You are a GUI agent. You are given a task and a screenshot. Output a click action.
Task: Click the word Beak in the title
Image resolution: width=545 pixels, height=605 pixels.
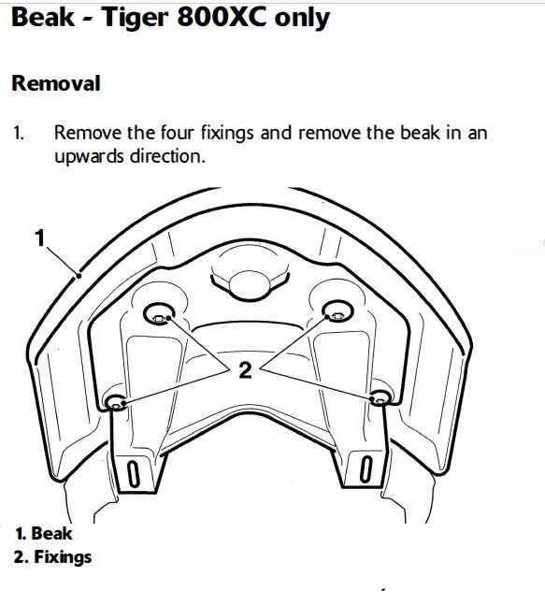coord(43,18)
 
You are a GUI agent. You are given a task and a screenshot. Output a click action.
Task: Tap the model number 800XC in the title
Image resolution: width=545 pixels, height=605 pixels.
coord(222,18)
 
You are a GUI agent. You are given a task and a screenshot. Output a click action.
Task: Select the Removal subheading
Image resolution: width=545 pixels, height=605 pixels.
coord(56,83)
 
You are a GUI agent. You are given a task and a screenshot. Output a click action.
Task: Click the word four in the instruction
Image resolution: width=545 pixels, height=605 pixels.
coord(178,133)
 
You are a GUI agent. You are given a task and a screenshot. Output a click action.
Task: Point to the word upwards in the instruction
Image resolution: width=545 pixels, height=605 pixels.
coord(89,156)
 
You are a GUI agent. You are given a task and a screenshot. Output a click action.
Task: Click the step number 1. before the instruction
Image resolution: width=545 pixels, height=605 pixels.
coord(19,133)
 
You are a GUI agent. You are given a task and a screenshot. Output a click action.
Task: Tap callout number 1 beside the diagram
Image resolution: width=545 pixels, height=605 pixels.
coord(40,238)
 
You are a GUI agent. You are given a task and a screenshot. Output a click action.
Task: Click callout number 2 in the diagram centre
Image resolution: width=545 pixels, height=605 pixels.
coord(245,370)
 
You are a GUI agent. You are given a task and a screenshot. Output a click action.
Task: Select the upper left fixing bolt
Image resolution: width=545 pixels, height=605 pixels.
coord(159,314)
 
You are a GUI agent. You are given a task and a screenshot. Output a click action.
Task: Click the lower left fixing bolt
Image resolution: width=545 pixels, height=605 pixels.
coord(116,402)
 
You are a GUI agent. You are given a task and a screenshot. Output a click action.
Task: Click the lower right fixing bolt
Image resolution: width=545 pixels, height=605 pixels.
coord(380,397)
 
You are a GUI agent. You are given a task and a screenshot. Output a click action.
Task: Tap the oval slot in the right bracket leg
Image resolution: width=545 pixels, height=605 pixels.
coord(366,468)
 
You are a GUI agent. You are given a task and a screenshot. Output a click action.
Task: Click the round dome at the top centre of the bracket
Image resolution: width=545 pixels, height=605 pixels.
coord(250,284)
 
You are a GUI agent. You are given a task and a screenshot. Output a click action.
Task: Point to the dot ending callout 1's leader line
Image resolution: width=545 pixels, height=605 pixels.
coord(79,276)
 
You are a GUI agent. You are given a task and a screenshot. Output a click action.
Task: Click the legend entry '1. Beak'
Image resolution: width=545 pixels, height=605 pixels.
coord(44,534)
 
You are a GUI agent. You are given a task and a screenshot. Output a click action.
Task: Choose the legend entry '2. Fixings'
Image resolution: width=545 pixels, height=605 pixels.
coord(53,557)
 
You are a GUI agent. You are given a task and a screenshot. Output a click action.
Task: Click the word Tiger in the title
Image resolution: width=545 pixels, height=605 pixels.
coord(135,18)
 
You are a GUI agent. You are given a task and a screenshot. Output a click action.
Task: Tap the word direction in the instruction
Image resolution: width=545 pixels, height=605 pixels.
coord(167,156)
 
